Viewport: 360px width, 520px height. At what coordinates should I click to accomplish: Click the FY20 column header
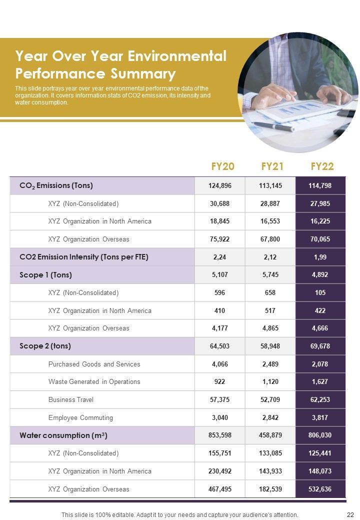222,166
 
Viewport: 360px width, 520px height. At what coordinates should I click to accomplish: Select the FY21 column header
272,166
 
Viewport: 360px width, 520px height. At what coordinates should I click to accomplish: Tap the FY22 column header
322,166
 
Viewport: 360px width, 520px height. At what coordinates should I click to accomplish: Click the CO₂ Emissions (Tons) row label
56,185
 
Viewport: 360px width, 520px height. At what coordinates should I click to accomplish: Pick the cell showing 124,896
220,185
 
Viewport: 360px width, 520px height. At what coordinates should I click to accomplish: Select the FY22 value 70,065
320,239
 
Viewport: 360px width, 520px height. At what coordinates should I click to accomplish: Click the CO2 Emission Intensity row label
83,257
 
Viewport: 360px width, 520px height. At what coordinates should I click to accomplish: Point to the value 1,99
320,257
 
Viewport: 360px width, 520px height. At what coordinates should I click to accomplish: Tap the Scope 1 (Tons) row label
45,274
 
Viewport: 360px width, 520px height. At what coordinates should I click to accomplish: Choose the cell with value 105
320,292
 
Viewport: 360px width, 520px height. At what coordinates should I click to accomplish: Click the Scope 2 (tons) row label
45,346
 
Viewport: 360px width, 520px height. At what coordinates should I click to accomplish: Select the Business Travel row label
71,399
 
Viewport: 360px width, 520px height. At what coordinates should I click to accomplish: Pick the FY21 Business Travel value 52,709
270,399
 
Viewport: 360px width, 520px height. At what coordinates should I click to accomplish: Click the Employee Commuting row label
80,417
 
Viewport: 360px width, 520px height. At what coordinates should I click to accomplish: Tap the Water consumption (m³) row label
63,435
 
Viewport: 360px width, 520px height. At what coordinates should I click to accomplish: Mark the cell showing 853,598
220,435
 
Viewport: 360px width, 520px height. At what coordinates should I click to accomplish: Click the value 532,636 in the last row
320,489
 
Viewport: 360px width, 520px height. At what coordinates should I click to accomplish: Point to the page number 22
350,514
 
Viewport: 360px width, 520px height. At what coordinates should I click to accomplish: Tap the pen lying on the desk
272,126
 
